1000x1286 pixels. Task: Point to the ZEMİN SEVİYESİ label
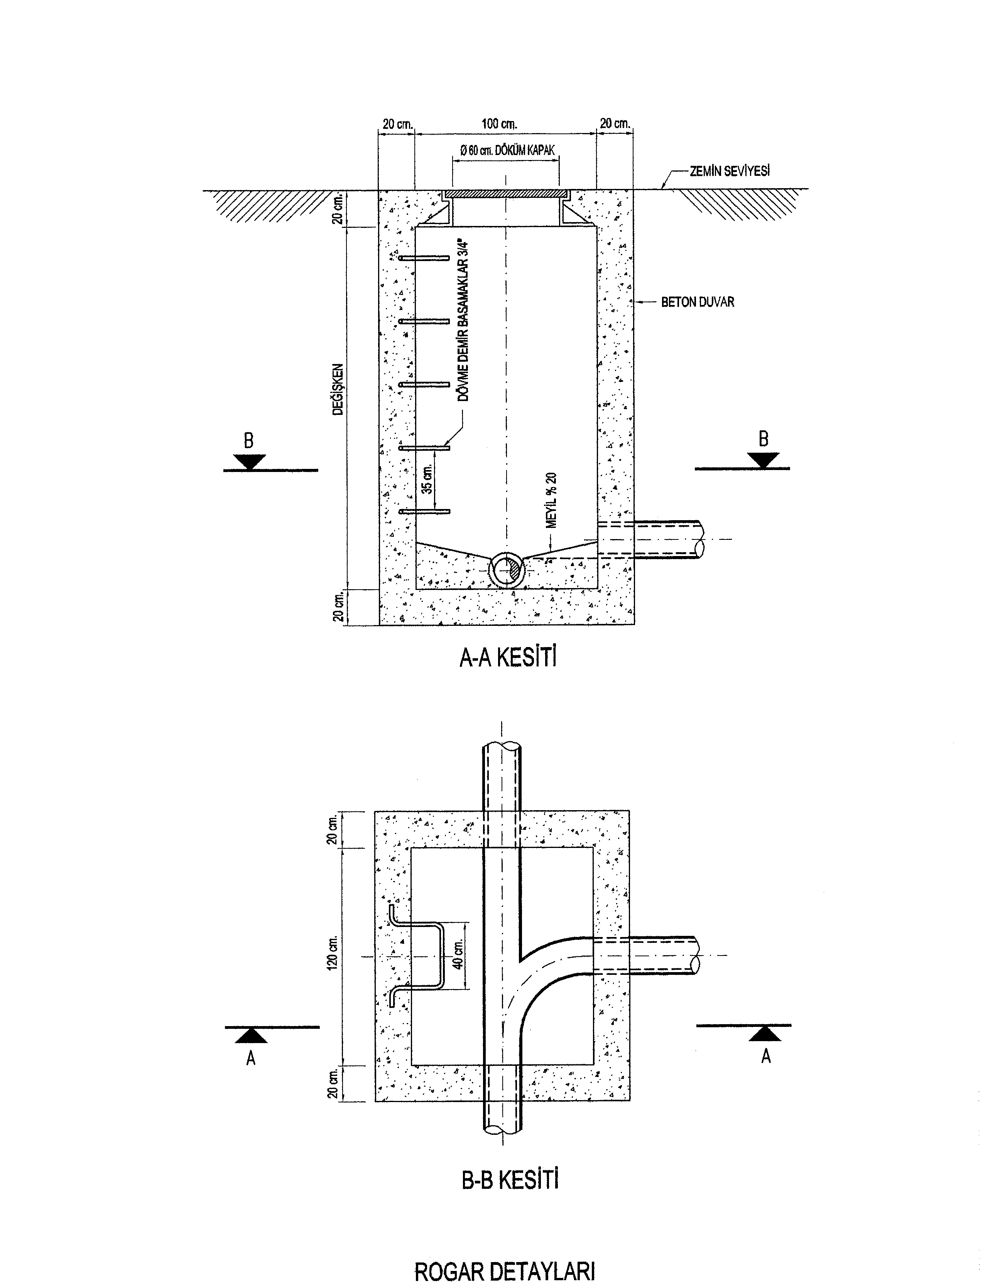coord(730,171)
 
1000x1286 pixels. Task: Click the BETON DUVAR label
coord(698,302)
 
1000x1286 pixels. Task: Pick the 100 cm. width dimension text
coord(499,124)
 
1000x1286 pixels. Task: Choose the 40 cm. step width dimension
coord(458,954)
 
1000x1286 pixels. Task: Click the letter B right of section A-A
coord(763,439)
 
